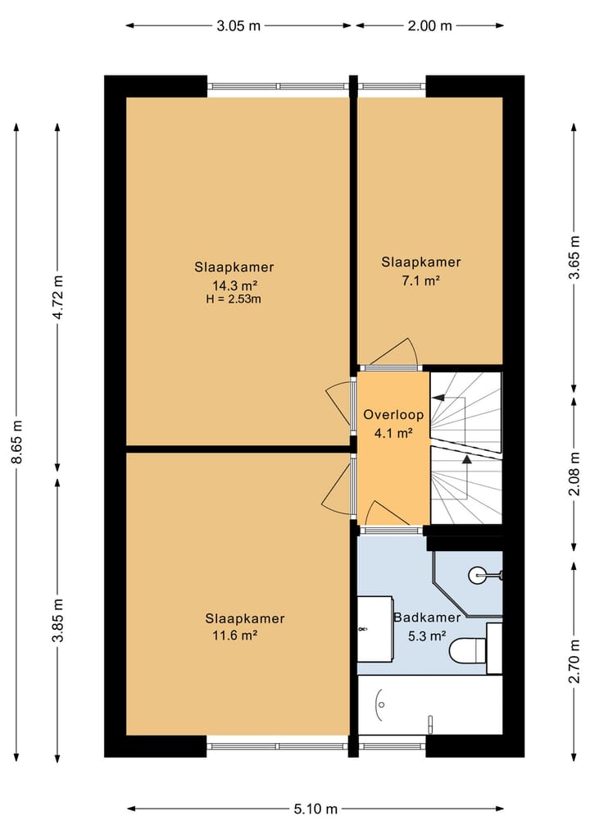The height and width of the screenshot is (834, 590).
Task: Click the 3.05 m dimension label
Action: coord(238,25)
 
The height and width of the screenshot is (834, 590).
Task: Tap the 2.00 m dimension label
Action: coord(429,25)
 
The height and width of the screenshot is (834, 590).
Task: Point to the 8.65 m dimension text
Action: coord(17,441)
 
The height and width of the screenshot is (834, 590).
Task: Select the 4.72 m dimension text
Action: coord(57,297)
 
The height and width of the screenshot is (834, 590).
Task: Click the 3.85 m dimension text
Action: coord(57,620)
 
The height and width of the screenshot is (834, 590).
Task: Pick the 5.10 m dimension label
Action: coord(315,809)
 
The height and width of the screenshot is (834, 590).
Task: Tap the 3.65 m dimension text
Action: coord(574,257)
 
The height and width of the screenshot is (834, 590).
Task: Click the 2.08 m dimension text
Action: coord(574,473)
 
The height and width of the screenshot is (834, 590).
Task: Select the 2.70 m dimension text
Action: coord(574,661)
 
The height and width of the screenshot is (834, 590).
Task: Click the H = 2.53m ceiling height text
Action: coord(234,299)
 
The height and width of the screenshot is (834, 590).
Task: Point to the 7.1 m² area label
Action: coord(420,280)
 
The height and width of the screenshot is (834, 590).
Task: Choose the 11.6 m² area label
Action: coord(235,635)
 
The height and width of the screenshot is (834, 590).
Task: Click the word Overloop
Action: coord(393,415)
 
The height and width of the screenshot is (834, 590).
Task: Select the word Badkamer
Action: coord(427,618)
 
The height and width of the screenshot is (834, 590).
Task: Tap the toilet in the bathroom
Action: coord(468,649)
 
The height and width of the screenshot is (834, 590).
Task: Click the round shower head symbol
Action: coord(476,574)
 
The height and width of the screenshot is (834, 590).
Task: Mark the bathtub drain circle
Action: coord(381,704)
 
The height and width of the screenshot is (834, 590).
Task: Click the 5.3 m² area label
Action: coord(427,636)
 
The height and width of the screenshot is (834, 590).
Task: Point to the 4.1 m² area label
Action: coord(393,433)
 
